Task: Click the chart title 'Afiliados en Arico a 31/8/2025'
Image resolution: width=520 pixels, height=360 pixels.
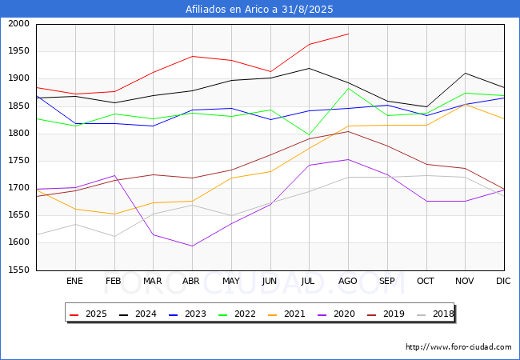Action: (x=259, y=10)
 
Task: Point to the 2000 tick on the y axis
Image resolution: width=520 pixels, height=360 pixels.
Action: (x=19, y=24)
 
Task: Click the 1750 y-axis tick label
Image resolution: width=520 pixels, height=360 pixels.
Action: (x=19, y=161)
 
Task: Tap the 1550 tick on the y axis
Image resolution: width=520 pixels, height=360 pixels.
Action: (x=19, y=270)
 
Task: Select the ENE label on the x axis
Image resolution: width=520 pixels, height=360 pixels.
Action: (x=74, y=281)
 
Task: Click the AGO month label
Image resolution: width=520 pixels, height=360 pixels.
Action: (x=348, y=281)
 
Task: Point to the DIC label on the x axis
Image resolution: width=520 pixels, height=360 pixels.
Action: (x=503, y=281)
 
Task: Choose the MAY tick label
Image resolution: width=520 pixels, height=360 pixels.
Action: (x=230, y=281)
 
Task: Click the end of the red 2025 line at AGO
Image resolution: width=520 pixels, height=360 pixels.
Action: (x=348, y=34)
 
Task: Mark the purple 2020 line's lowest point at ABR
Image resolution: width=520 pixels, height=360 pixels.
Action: (x=192, y=246)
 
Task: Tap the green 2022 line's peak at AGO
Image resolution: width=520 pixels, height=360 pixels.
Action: (x=348, y=88)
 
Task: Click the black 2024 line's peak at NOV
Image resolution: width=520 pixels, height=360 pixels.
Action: (x=465, y=73)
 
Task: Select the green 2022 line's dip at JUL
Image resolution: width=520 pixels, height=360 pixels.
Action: (x=309, y=135)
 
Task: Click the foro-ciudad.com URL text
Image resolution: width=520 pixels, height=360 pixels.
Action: (x=458, y=347)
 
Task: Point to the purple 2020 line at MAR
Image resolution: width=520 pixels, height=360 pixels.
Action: (x=153, y=234)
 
